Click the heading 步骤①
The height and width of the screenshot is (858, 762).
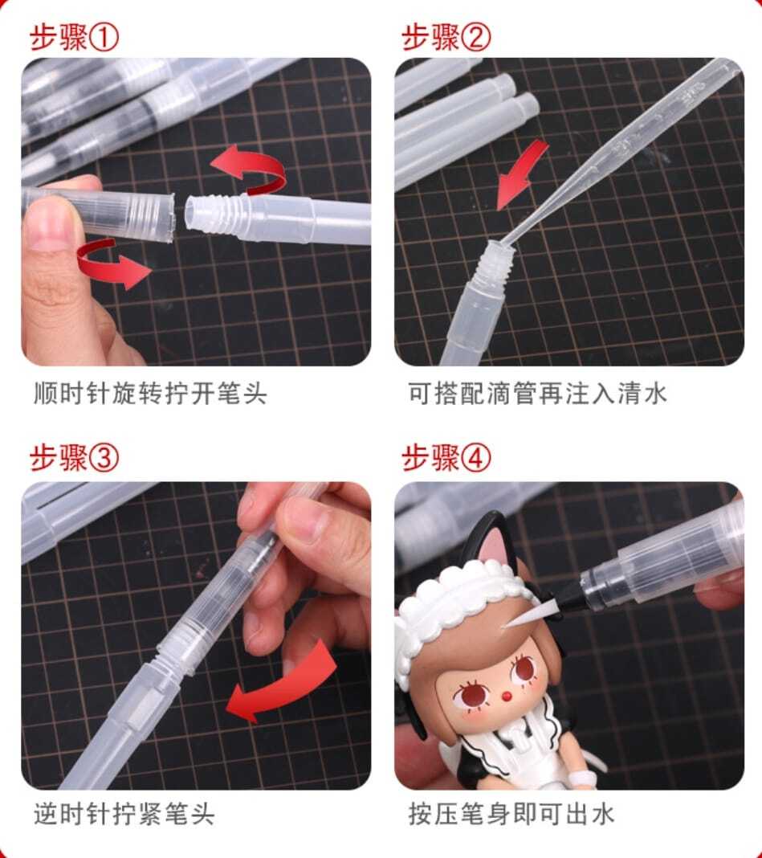tap(74, 38)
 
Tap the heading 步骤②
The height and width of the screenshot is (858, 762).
tap(446, 38)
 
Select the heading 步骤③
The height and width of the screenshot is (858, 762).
tap(74, 457)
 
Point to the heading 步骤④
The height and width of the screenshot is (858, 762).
tap(446, 457)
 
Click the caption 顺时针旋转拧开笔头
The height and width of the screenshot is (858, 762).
tap(150, 394)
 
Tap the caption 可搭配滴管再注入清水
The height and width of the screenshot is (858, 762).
tap(537, 394)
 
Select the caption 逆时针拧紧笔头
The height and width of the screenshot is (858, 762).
tap(124, 814)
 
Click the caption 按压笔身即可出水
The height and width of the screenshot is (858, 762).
tap(511, 814)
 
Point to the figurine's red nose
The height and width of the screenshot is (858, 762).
tap(507, 697)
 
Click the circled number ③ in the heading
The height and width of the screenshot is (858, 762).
tap(104, 457)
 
